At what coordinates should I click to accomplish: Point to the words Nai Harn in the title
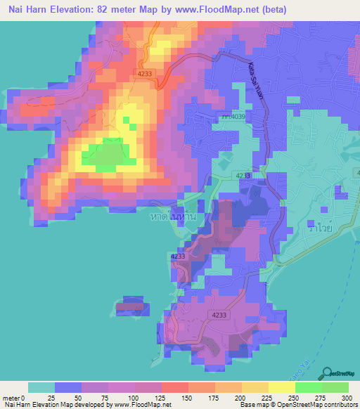pyautogui.click(x=32, y=9)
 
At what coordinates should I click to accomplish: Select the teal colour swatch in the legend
pyautogui.click(x=41, y=387)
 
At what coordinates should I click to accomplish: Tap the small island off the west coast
pyautogui.click(x=130, y=306)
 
